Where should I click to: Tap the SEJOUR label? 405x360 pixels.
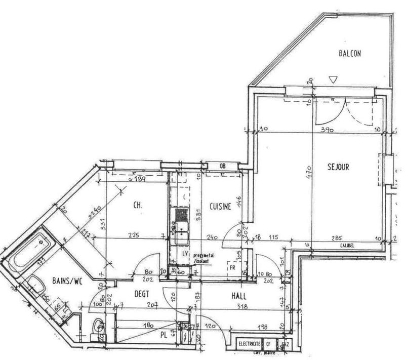point(338,167)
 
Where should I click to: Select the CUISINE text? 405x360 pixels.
point(221,206)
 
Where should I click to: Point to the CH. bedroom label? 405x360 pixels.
point(137,206)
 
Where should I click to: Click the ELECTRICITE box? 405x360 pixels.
point(250,344)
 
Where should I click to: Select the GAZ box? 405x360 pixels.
point(285,344)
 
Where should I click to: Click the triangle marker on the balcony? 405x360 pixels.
point(332,79)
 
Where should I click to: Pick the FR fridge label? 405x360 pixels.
point(233,266)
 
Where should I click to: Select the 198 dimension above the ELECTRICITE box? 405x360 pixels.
point(261,328)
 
